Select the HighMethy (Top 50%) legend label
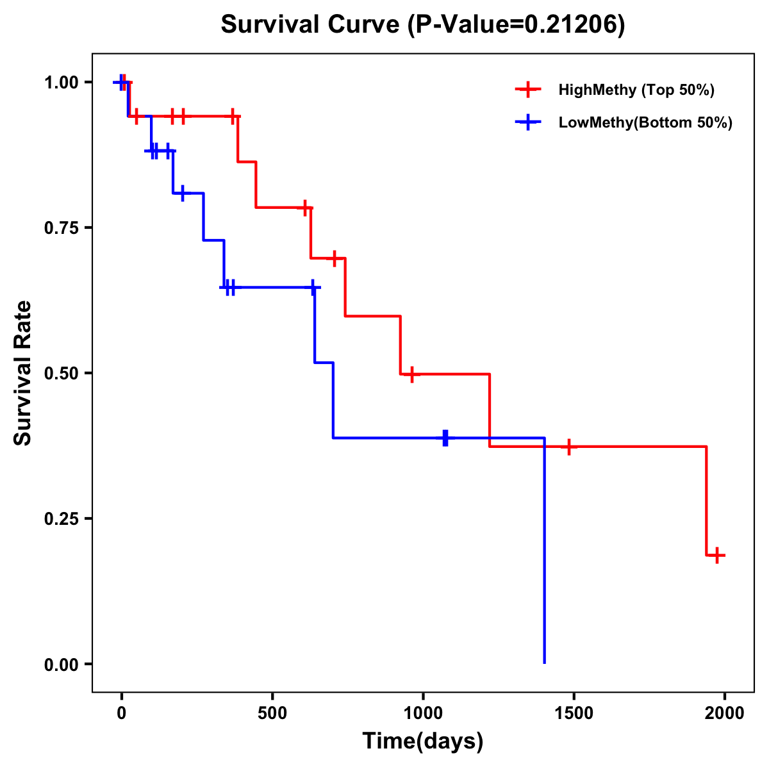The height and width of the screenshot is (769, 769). (636, 90)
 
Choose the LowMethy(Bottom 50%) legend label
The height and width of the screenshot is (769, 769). (645, 122)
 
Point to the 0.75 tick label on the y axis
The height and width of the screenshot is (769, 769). (61, 227)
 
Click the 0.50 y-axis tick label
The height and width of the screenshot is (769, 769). (61, 373)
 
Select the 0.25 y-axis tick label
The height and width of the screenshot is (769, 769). (61, 518)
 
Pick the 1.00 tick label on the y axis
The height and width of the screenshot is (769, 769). (61, 83)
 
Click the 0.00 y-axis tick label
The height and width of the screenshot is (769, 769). (61, 664)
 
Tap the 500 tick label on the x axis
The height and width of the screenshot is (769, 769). (272, 713)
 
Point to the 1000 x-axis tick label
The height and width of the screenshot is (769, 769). (423, 713)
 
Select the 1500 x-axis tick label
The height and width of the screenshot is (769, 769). (574, 713)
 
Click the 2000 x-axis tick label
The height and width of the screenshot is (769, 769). (725, 713)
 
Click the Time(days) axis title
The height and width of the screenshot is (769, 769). (423, 741)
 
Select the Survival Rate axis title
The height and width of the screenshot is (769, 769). (23, 373)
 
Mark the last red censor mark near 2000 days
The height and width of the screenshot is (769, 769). (718, 555)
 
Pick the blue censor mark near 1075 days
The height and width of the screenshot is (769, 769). (445, 438)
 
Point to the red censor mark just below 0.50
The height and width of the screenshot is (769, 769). (411, 374)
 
